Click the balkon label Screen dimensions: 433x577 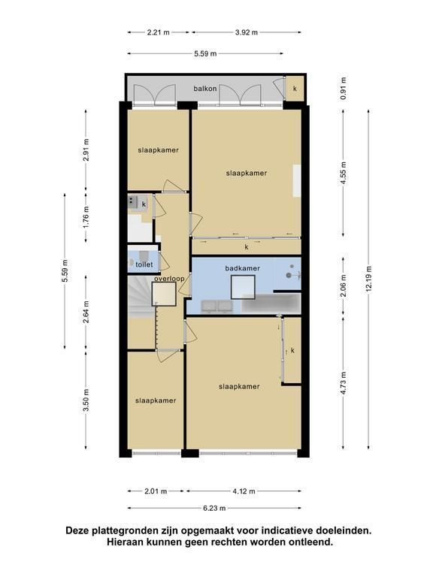point(205,89)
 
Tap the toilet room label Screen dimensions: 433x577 point(144,264)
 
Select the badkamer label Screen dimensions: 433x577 point(242,268)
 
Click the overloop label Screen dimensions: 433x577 point(169,279)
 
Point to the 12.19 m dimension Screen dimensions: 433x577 point(369,279)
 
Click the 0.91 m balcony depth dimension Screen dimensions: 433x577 point(344,89)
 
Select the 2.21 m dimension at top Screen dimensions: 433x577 point(159,32)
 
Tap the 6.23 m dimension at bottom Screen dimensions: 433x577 point(214,508)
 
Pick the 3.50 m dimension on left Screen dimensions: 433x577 point(86,400)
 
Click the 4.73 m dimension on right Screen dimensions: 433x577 point(343,383)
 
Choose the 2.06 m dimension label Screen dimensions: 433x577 point(343,286)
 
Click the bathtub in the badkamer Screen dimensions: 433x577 point(271,304)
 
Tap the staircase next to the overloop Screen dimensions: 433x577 point(141,298)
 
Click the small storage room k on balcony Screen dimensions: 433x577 point(295,89)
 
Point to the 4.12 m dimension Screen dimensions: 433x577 point(244,491)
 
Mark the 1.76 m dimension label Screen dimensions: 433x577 point(86,217)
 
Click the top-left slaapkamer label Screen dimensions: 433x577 point(159,150)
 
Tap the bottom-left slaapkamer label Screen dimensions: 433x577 point(156,400)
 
